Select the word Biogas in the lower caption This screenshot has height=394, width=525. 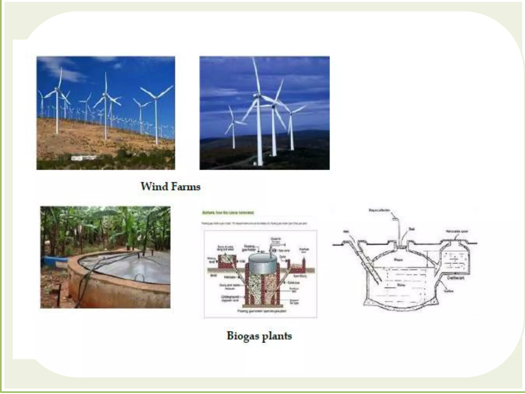[x=243, y=336]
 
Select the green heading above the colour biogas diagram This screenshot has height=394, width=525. [x=228, y=213]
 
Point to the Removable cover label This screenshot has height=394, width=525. [x=457, y=231]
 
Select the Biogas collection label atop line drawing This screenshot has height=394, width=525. [x=379, y=210]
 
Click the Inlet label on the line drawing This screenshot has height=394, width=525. [x=346, y=232]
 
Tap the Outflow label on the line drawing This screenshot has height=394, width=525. [x=449, y=291]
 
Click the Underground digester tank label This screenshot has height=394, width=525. [x=230, y=298]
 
